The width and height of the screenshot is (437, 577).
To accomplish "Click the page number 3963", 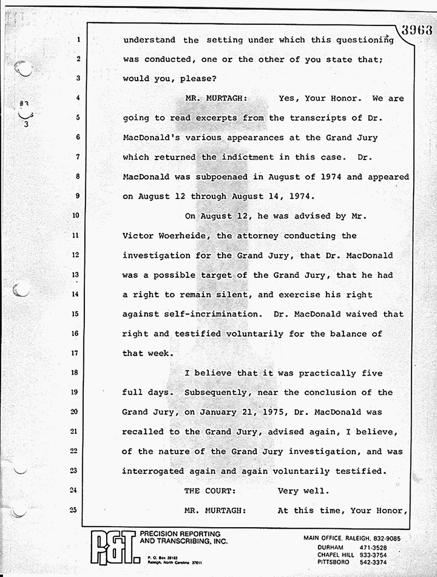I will pyautogui.click(x=416, y=29).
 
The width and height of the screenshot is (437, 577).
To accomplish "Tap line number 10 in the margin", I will pyautogui.click(x=75, y=216).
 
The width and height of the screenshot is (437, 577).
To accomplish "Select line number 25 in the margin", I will pyautogui.click(x=74, y=510).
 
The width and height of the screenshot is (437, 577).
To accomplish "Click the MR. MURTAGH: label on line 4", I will pyautogui.click(x=215, y=99).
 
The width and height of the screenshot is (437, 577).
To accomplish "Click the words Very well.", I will pyautogui.click(x=303, y=491).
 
